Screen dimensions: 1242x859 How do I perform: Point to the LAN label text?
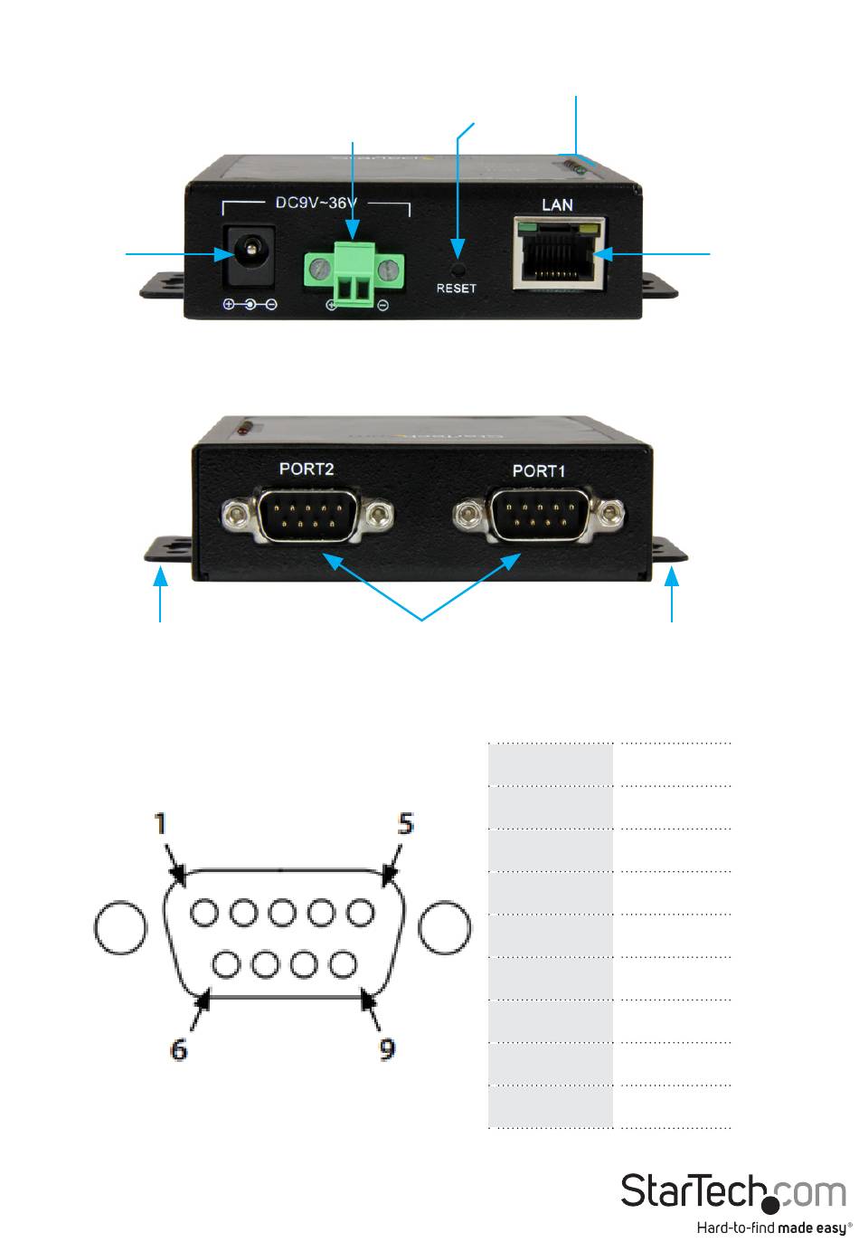(557, 204)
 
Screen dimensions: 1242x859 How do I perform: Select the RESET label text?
(456, 289)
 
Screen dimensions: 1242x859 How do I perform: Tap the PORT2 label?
(307, 469)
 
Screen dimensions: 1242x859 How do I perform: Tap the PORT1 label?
(539, 470)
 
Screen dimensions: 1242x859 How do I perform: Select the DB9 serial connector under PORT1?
(540, 516)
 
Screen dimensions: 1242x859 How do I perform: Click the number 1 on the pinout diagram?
(161, 824)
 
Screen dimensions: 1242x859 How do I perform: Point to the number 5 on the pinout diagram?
(406, 824)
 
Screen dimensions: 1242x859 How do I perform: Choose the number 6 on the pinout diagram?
(179, 1049)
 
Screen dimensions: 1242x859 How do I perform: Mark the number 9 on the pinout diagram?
(387, 1049)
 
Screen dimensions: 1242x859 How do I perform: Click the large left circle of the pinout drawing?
(120, 927)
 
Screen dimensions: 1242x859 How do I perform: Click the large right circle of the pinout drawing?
(446, 927)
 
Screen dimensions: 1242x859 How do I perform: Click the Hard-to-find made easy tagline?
(773, 1228)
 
